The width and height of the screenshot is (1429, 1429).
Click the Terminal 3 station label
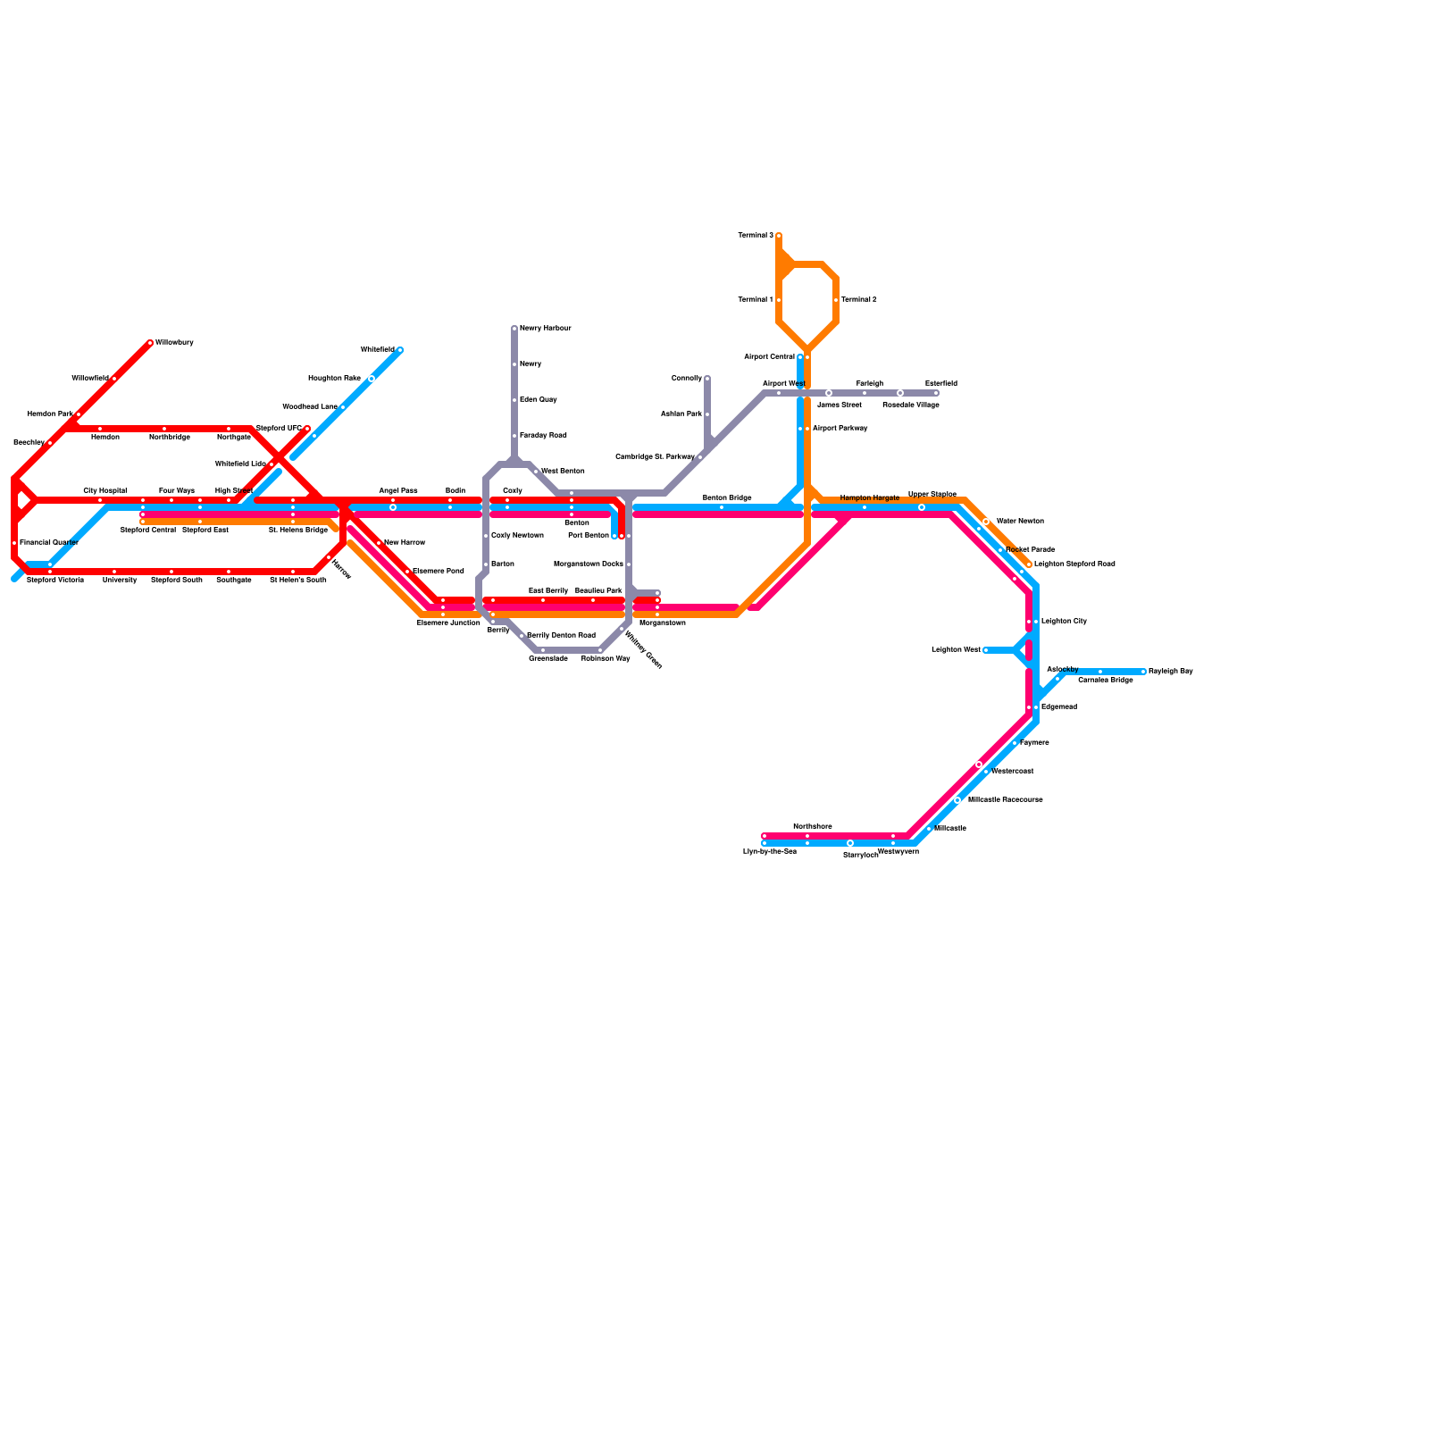point(756,236)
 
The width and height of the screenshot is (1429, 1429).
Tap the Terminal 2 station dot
point(836,300)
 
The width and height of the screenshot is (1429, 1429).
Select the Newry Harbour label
point(545,329)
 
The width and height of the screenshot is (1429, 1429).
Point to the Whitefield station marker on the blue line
point(400,350)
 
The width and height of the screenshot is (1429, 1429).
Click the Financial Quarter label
point(49,543)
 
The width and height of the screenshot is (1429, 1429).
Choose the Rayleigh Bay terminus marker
point(1143,672)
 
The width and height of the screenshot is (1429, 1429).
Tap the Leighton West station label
point(956,650)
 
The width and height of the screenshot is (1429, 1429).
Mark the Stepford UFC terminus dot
point(307,429)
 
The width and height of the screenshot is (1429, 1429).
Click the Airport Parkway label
point(840,429)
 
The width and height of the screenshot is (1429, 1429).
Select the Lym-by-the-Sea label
point(769,852)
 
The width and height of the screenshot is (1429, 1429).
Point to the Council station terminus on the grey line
point(707,379)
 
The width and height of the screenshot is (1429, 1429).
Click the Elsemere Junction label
point(448,623)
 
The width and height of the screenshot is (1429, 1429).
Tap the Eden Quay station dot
point(514,400)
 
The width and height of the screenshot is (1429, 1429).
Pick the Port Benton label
point(588,536)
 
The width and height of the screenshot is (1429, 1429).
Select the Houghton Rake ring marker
point(372,379)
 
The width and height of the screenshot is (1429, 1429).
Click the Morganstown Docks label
point(588,564)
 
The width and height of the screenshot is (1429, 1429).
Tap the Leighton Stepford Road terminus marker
point(1029,564)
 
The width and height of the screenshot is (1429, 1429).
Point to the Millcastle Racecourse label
point(1005,800)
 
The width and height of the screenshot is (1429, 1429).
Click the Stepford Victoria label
point(54,581)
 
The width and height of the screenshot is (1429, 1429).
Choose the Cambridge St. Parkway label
point(655,457)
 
